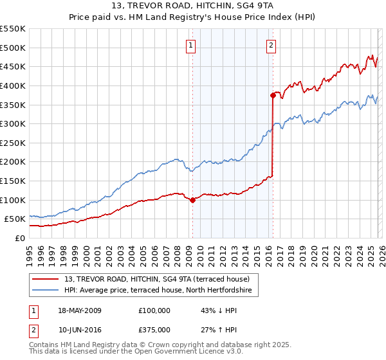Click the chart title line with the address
193,6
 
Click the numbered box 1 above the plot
192,45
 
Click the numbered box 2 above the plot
271,45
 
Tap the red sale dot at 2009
192,200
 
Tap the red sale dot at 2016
273,95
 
